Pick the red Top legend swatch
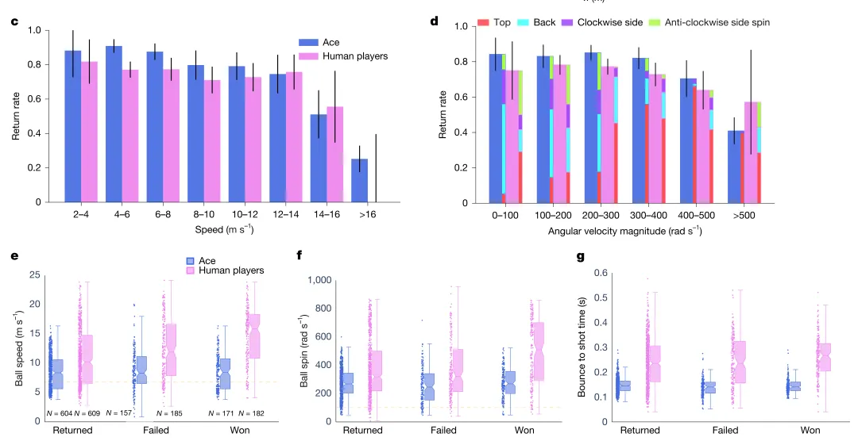point(483,22)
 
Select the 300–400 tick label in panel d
point(651,214)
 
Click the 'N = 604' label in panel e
point(60,413)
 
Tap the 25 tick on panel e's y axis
point(35,275)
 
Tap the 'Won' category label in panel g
point(810,430)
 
